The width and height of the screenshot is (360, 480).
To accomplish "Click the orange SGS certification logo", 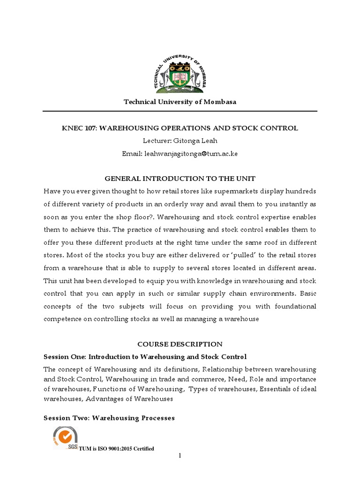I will (x=65, y=437).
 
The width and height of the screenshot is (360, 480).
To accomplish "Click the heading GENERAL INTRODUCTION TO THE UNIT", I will (x=180, y=179).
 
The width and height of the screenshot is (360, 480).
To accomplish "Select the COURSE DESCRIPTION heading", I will (x=180, y=344).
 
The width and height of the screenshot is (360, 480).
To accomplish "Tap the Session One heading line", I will (x=145, y=357).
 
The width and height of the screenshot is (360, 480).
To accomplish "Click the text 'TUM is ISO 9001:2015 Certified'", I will (x=116, y=449).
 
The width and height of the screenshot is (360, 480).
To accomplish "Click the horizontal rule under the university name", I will (x=180, y=111).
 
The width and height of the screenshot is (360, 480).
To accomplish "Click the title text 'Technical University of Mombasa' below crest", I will (x=180, y=102).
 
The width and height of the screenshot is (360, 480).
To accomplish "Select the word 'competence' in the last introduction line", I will (x=63, y=319).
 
